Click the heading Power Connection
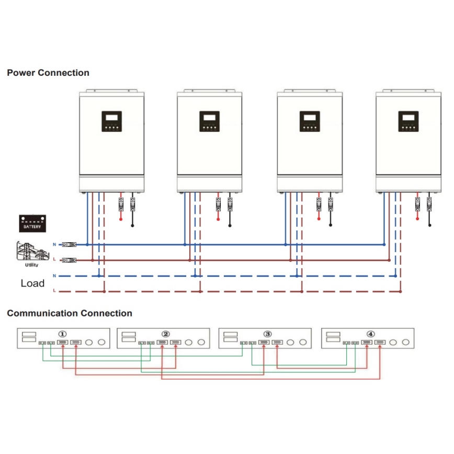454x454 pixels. (x=48, y=73)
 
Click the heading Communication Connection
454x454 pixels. (x=70, y=313)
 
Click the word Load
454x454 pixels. (x=32, y=283)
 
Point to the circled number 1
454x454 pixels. (x=63, y=334)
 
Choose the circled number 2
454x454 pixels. (x=166, y=334)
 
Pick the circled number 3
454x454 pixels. (x=268, y=334)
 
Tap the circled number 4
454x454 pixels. (x=371, y=334)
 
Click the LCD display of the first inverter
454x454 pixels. (x=111, y=118)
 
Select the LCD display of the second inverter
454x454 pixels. (x=209, y=118)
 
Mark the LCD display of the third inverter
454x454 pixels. (x=309, y=118)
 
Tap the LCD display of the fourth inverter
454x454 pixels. (x=408, y=118)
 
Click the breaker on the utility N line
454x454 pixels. (x=69, y=244)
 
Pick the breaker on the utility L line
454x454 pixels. (x=69, y=259)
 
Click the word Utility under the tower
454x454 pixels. (x=31, y=266)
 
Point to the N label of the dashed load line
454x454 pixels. (x=54, y=275)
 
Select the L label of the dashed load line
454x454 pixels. (x=54, y=290)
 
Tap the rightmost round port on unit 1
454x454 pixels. (x=101, y=343)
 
